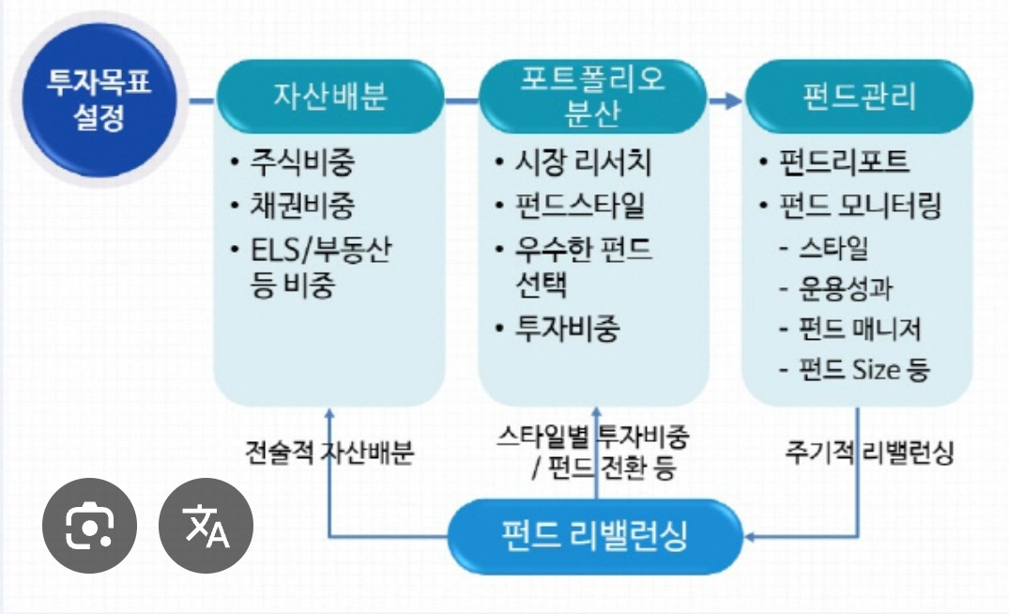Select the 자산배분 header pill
click(329, 98)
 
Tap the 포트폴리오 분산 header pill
click(592, 98)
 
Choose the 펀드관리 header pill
click(859, 98)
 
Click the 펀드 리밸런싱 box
click(595, 536)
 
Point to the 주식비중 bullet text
click(303, 162)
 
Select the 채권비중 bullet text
click(303, 206)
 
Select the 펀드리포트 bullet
click(846, 162)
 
